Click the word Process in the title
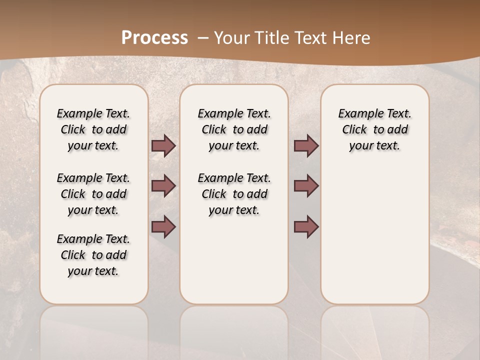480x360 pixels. tap(154, 38)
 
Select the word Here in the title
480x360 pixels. tap(352, 38)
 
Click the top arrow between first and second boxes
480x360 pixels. tap(163, 146)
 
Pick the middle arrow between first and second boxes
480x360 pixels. tap(163, 186)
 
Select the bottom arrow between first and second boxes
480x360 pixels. tap(163, 227)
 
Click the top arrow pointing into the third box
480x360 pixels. tap(306, 146)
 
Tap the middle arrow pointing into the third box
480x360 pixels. tap(306, 186)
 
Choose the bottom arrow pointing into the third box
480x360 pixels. tap(306, 227)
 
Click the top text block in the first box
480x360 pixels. tap(93, 129)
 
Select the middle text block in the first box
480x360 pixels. tap(93, 194)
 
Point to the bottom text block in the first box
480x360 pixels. tap(93, 255)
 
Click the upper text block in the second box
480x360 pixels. tap(234, 129)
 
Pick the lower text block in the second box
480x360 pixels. tap(234, 194)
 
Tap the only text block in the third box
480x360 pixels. tap(374, 129)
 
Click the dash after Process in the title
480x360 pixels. tap(203, 38)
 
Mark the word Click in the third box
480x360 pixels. tap(354, 130)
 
